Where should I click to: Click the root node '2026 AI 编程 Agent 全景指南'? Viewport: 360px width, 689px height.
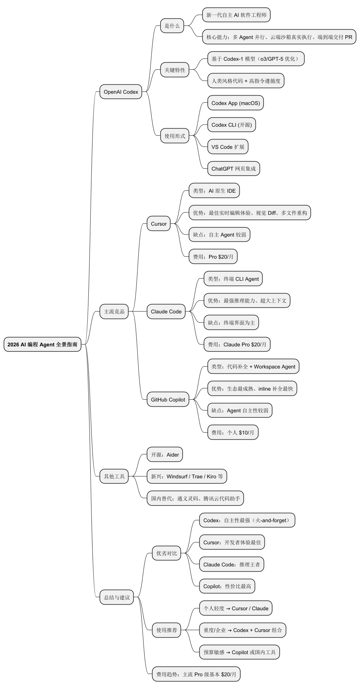42,344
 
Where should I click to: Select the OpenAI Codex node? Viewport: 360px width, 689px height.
121,92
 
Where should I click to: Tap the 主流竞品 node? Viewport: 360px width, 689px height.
114,312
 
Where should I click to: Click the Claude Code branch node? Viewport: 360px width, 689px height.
166,312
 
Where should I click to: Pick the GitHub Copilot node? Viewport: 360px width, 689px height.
168,400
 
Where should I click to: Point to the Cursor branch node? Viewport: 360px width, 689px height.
158,224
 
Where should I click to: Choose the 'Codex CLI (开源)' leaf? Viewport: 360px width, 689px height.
232,125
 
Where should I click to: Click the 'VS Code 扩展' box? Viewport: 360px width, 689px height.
228,147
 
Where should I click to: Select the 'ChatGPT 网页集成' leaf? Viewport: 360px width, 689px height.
233,169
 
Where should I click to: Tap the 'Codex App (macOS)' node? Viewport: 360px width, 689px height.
236,103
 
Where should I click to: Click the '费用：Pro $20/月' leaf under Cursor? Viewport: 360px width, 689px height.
213,257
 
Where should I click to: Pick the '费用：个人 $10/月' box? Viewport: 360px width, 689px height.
233,433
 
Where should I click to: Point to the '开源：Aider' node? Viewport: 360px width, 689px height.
165,455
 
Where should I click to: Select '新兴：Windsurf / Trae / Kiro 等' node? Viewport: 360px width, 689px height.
187,476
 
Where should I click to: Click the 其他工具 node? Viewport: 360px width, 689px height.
114,476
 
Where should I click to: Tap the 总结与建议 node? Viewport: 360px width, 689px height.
117,598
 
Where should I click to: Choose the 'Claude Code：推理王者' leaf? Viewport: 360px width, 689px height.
232,565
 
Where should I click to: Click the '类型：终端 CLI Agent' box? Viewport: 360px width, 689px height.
233,279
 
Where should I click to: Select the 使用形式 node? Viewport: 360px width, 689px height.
175,136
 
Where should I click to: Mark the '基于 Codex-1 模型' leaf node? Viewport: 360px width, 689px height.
256,59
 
